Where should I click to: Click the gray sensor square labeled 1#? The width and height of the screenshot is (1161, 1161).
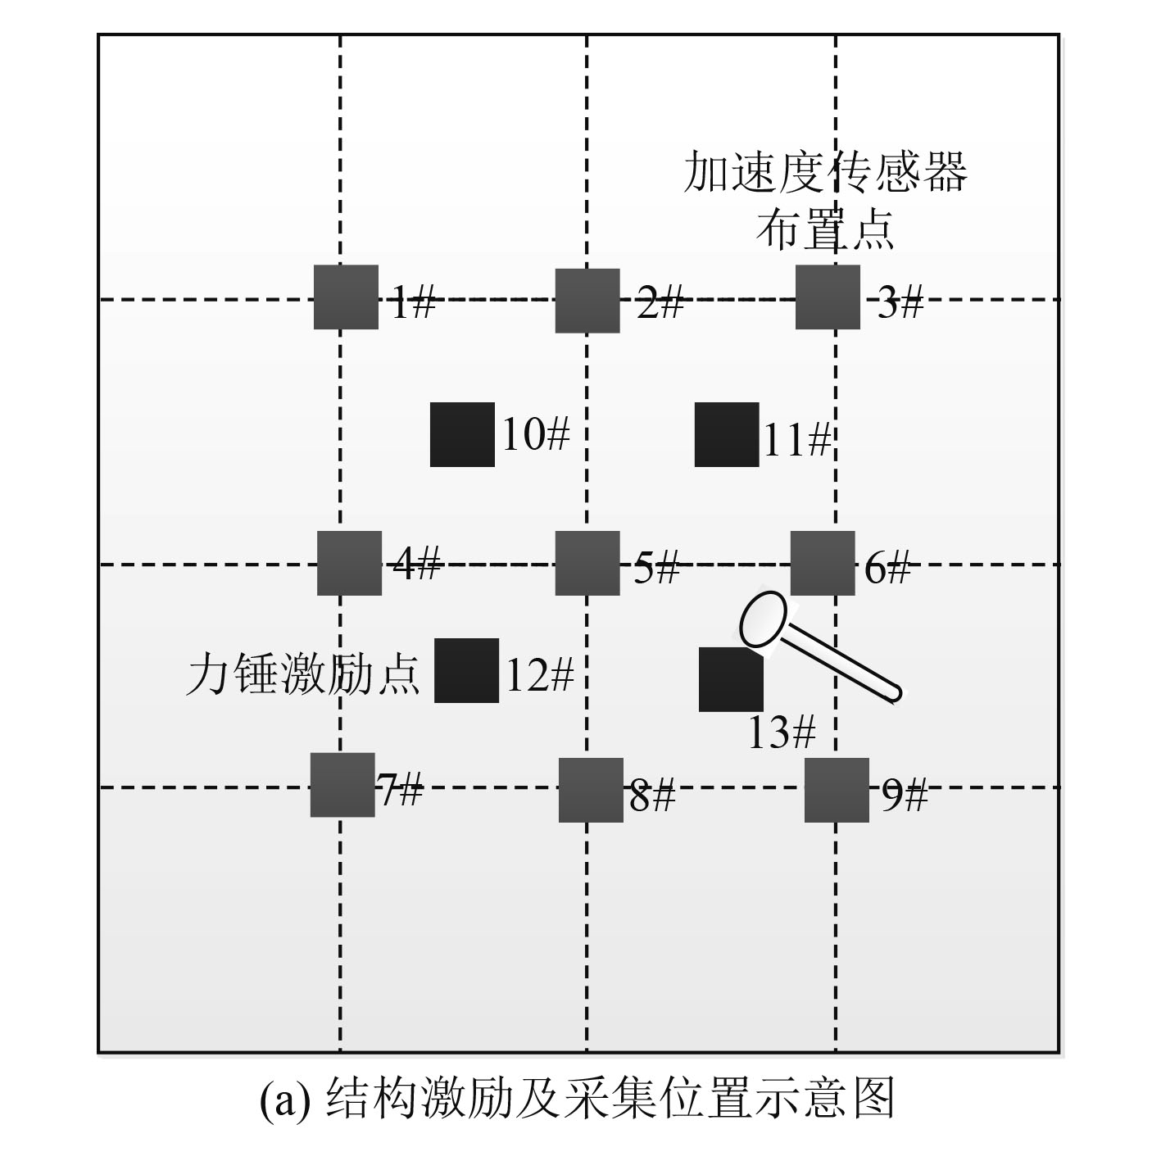click(346, 297)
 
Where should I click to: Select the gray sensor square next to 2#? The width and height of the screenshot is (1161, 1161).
click(587, 300)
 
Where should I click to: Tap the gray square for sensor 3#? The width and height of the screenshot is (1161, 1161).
click(828, 297)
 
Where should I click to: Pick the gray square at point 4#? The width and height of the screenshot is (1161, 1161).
click(349, 563)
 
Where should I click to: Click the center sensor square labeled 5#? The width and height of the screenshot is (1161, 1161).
click(587, 563)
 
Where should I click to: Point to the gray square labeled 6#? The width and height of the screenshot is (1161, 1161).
click(823, 563)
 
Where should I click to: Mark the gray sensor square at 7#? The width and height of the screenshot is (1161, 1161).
click(342, 784)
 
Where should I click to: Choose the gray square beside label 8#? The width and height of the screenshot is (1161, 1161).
click(590, 790)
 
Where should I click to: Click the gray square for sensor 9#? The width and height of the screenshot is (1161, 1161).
click(836, 790)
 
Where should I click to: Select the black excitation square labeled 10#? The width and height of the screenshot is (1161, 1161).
click(462, 434)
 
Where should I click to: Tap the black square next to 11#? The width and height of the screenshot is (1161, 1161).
click(726, 434)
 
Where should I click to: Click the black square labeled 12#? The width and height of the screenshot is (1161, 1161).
click(466, 670)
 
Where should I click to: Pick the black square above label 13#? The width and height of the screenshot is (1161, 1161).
click(730, 680)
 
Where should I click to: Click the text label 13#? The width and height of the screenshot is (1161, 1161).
click(781, 732)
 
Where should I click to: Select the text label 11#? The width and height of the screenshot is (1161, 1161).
click(797, 441)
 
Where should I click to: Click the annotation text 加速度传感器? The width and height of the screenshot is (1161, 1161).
click(825, 172)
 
